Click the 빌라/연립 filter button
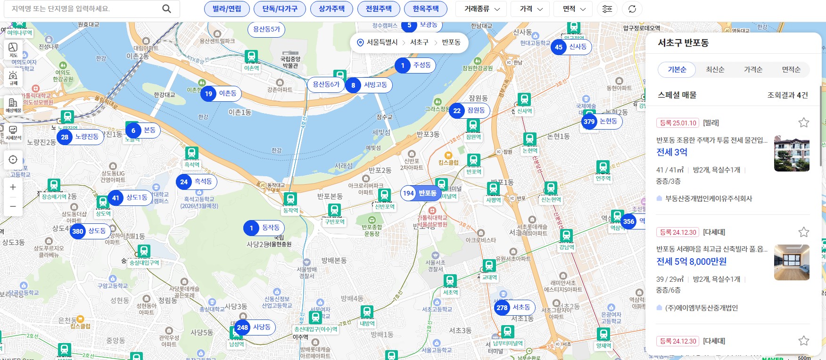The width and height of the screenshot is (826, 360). (227, 9)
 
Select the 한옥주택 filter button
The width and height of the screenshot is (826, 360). (425, 9)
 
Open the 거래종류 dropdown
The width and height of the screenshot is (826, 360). (481, 9)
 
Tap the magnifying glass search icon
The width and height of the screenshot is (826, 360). (166, 9)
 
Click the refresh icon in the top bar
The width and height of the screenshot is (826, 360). (632, 9)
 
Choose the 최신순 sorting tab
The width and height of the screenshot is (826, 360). (715, 70)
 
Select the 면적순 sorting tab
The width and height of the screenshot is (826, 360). (791, 70)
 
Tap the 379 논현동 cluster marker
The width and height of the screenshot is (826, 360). (602, 122)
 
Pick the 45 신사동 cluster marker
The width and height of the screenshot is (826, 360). (571, 47)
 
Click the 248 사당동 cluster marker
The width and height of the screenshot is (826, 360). (255, 327)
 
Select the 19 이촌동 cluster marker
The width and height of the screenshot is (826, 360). (221, 94)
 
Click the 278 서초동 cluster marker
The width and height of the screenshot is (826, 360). (514, 308)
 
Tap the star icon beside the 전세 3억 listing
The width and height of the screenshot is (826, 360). (803, 123)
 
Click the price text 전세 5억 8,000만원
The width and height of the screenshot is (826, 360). (691, 262)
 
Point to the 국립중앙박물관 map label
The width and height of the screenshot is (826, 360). (290, 62)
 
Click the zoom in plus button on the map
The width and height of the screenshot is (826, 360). (13, 187)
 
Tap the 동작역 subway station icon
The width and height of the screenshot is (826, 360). (290, 199)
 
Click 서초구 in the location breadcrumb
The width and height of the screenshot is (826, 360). (419, 42)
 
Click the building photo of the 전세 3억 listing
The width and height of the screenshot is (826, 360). (792, 154)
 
